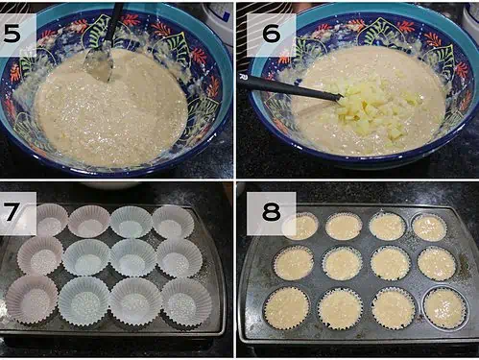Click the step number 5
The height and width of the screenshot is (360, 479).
coord(12,34)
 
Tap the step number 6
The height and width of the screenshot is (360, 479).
coord(271,34)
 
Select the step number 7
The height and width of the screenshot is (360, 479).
coord(12,211)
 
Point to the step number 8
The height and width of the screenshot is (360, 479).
coord(271,211)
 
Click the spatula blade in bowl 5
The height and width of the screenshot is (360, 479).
coord(99,63)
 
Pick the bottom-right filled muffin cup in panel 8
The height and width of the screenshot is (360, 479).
coord(445,308)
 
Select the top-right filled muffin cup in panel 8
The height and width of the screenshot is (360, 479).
coord(429,228)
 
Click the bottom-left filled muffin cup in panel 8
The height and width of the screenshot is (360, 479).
coord(287,308)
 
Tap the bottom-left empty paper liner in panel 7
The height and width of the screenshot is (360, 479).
coord(31,300)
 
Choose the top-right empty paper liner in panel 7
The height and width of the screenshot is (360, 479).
coord(173,223)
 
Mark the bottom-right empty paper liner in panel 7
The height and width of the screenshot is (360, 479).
coord(186,302)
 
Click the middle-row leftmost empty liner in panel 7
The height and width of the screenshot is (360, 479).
coord(40,255)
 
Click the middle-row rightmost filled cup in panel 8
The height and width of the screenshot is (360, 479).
coord(437,264)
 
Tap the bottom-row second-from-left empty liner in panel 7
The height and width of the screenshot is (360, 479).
coord(84,301)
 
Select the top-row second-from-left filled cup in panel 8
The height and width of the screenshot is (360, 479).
coord(344,228)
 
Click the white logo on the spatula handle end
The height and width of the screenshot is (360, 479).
coord(242,77)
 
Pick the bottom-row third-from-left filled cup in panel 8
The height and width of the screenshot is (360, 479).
coord(394,308)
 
